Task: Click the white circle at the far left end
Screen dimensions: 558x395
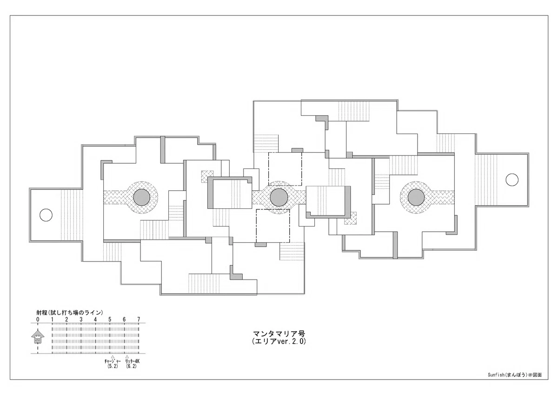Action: tap(46, 215)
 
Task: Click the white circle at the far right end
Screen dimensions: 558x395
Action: tap(512, 180)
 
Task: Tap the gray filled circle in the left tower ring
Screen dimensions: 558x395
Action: tap(142, 197)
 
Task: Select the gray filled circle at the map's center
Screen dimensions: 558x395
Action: tap(279, 197)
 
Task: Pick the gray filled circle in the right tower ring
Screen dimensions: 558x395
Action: tap(416, 197)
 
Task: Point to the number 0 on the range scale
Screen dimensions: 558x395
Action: tap(38, 319)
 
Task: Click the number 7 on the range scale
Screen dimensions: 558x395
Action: tap(139, 319)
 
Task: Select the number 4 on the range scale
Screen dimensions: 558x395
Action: tap(95, 319)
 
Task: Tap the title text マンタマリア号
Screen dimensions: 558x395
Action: tap(279, 334)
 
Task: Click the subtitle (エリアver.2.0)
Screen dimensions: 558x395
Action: tap(279, 341)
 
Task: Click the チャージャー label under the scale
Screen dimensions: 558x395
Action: tap(113, 361)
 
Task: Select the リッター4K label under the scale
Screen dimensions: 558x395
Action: tap(132, 361)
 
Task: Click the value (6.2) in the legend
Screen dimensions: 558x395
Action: tap(131, 366)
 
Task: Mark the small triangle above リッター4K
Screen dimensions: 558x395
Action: tap(127, 357)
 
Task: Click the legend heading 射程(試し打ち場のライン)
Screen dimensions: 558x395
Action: tap(70, 313)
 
